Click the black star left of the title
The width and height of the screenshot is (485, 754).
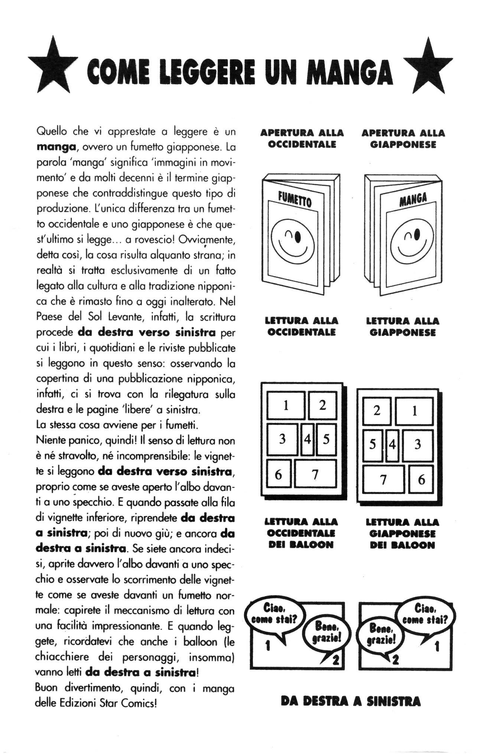tap(53, 67)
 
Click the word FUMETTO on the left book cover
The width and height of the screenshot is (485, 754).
tap(295, 198)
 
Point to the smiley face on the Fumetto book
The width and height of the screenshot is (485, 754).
tap(293, 243)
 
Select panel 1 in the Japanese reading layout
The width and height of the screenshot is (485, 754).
tap(414, 411)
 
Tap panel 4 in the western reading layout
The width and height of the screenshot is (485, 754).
tap(307, 439)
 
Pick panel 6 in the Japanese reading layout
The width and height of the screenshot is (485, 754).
tap(421, 479)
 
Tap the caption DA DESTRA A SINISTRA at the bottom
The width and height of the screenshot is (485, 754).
tap(351, 701)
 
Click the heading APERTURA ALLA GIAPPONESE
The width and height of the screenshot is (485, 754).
tap(403, 139)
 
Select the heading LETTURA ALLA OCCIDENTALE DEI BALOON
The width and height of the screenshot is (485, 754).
tap(301, 534)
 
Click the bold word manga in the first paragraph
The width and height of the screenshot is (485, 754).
tap(56, 147)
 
